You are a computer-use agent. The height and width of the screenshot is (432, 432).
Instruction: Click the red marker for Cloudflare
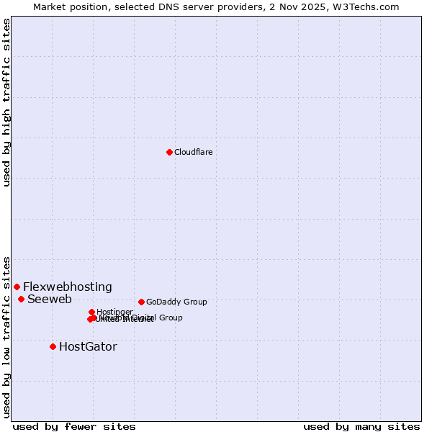click(x=169, y=152)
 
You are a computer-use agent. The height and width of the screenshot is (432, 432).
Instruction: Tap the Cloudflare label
click(x=193, y=152)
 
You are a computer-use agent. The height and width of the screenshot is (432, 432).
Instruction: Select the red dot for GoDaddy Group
click(x=141, y=302)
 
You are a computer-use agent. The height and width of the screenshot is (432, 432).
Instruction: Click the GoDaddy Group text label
click(x=176, y=302)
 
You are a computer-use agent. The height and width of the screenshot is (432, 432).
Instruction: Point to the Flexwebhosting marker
click(x=17, y=287)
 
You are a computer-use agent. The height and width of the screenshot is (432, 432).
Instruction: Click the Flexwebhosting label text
click(x=68, y=287)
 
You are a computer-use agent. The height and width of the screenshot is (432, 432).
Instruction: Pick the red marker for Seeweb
click(x=21, y=299)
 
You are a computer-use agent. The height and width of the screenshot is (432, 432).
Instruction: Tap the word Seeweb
click(x=50, y=299)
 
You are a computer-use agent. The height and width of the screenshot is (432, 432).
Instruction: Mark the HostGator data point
click(x=53, y=346)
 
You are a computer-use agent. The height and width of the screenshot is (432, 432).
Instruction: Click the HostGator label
click(x=88, y=346)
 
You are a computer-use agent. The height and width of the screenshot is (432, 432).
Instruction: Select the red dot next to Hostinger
click(x=91, y=312)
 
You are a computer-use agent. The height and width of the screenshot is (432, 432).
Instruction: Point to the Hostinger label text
click(x=114, y=312)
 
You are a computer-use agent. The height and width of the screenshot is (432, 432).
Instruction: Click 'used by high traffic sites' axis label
click(x=6, y=102)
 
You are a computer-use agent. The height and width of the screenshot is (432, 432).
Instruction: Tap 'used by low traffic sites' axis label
click(x=6, y=336)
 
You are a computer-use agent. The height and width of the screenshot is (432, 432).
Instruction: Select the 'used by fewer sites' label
click(x=74, y=426)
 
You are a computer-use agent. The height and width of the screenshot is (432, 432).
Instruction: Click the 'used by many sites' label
click(x=361, y=426)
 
